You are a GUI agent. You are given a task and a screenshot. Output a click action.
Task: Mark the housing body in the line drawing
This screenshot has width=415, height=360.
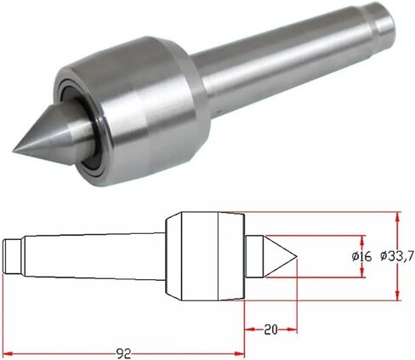point(200,254)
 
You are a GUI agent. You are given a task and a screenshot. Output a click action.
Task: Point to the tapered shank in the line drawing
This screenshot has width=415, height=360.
point(94,254)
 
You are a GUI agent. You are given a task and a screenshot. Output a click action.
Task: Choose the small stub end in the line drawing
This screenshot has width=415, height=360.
point(12,254)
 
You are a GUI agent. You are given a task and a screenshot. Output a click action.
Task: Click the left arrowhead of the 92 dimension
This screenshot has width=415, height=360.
point(6,349)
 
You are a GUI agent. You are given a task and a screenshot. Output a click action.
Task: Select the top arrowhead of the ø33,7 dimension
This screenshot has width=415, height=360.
point(397,215)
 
